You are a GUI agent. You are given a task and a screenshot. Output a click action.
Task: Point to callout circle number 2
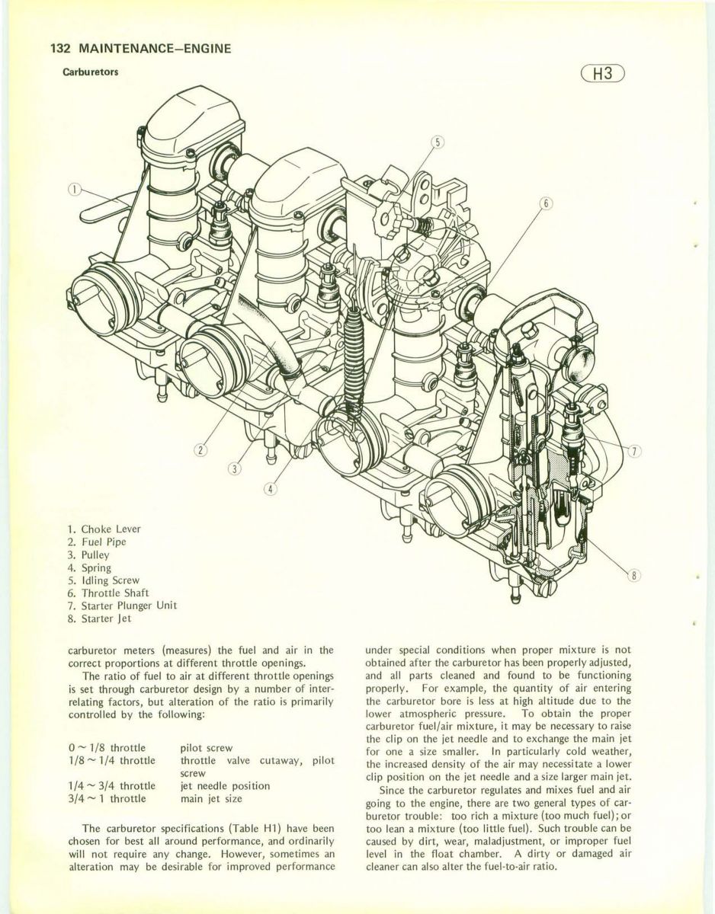point(200,449)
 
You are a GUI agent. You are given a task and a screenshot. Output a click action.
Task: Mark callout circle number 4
point(271,487)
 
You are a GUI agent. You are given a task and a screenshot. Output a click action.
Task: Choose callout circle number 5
point(438,141)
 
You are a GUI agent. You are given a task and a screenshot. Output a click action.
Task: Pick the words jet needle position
point(224,786)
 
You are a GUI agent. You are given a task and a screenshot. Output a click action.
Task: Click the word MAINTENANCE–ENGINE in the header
point(153,49)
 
